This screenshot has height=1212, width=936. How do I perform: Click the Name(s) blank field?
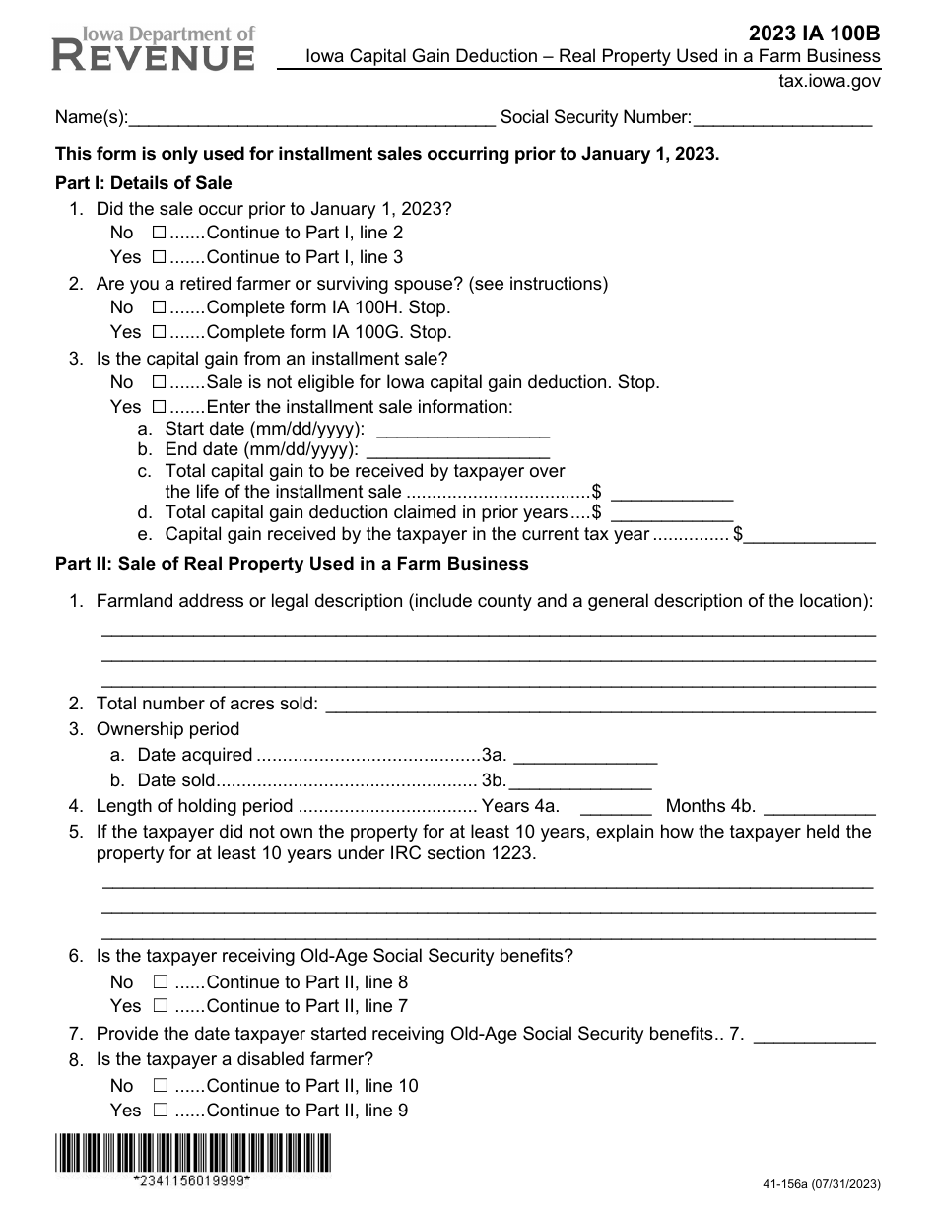click(312, 118)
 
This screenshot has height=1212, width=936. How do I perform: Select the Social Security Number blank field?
click(782, 118)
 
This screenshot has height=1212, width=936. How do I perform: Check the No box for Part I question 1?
click(160, 234)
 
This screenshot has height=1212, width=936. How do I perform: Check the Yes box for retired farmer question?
click(160, 333)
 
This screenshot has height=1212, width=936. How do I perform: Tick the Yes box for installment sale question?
click(160, 407)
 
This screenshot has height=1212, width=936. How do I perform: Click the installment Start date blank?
click(463, 430)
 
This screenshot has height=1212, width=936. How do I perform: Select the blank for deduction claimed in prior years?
click(672, 513)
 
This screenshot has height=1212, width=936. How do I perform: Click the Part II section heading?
click(292, 564)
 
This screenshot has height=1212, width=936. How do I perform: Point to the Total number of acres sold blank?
click(599, 704)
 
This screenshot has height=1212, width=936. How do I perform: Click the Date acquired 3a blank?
click(585, 756)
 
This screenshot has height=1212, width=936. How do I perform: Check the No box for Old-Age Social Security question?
click(160, 982)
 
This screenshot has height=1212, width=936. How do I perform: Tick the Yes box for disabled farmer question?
click(160, 1111)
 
